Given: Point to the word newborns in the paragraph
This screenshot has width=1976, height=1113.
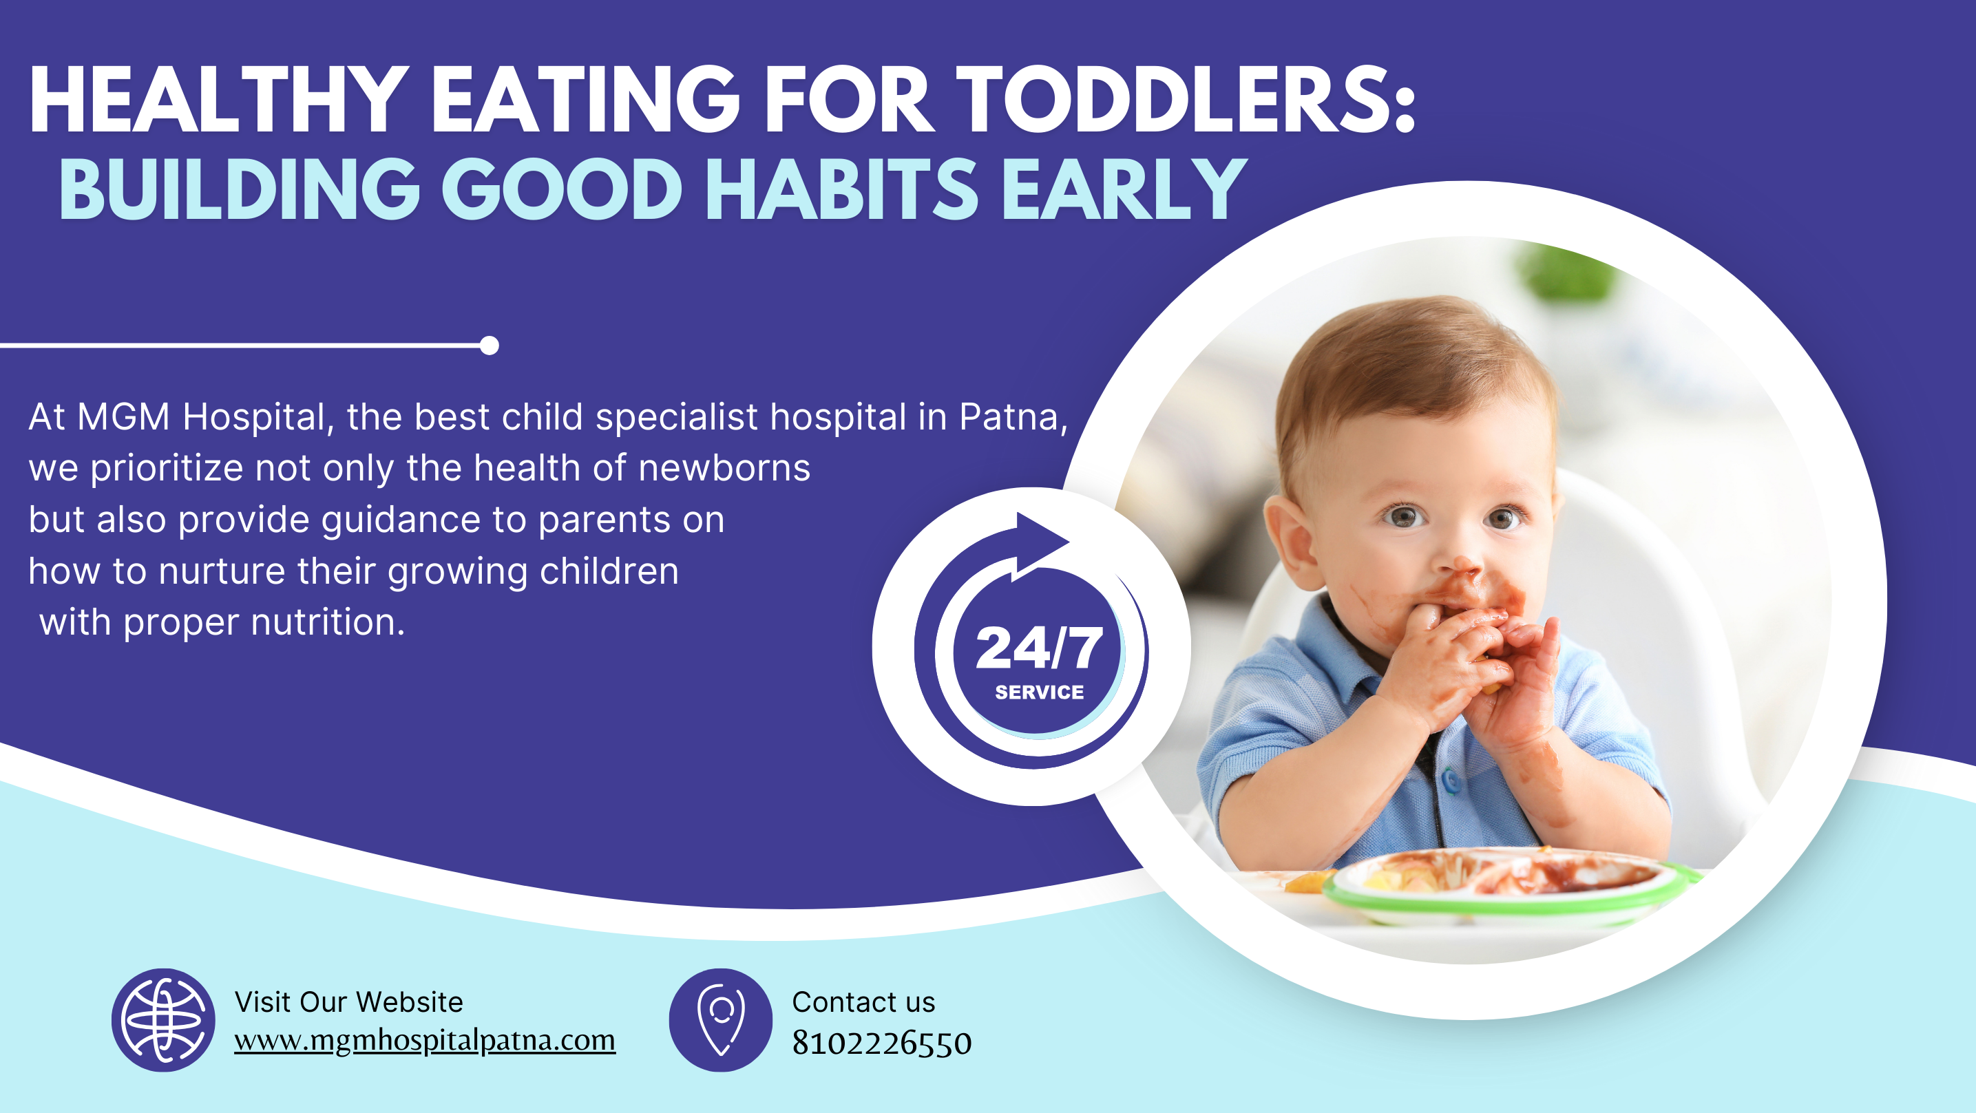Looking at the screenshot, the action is [x=724, y=468].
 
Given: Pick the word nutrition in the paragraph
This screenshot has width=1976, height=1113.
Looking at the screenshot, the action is [x=328, y=622].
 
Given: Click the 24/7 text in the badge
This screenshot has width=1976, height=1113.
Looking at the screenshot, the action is [x=1040, y=648].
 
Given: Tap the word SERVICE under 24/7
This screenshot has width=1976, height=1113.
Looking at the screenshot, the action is [x=1040, y=692].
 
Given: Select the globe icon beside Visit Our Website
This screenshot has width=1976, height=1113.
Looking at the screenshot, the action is [x=163, y=1020].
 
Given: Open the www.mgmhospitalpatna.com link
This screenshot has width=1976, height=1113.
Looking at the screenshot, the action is [x=425, y=1041].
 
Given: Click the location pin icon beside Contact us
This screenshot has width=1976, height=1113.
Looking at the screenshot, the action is [x=721, y=1020].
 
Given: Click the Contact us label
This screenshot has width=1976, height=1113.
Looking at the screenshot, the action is [x=864, y=1001].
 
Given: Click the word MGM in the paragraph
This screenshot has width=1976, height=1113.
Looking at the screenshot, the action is [x=123, y=417].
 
